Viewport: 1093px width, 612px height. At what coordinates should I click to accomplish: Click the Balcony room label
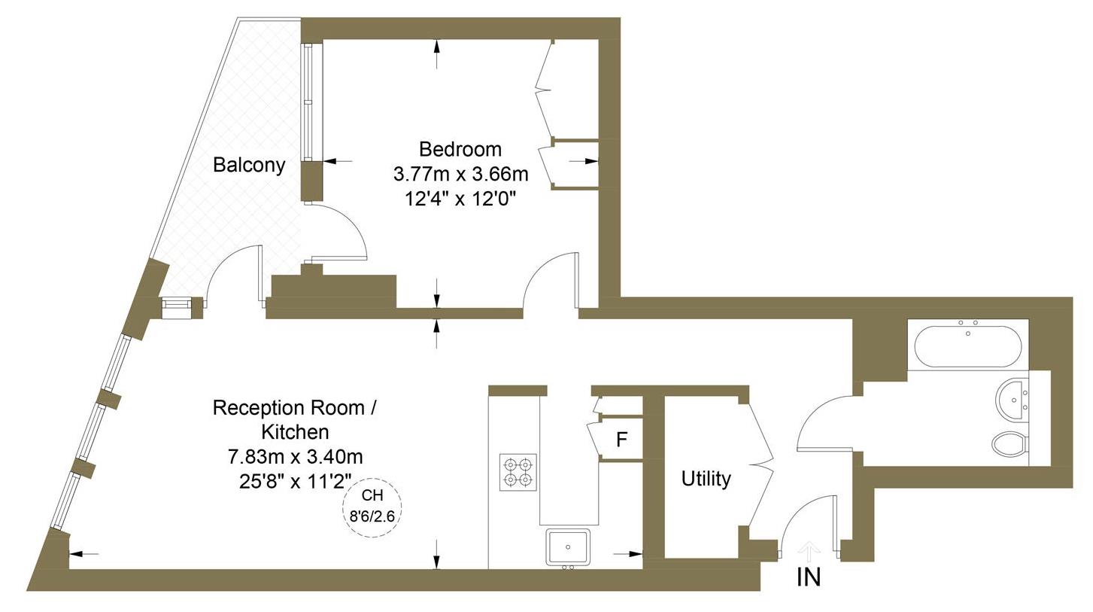point(249,165)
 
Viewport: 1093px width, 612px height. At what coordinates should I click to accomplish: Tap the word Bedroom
point(460,148)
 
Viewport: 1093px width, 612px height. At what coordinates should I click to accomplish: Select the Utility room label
point(706,479)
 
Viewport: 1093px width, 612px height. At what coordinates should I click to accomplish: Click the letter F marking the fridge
point(621,440)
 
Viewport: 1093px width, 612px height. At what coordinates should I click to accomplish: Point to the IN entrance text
point(808,577)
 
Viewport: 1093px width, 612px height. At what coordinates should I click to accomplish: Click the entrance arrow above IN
point(808,552)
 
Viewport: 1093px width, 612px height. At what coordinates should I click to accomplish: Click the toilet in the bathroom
point(1010,443)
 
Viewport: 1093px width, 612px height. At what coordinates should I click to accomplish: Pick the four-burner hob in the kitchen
point(518,472)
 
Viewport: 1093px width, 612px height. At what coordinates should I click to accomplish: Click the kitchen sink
point(568,547)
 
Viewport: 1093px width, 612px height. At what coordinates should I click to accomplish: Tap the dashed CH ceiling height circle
point(372,507)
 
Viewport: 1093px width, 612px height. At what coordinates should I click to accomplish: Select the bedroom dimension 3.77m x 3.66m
point(460,174)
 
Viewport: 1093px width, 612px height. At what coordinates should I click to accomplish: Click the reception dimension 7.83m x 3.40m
point(295,456)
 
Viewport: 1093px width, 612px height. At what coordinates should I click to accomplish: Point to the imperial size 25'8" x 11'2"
point(295,481)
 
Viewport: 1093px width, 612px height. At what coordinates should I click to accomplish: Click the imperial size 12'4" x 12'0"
point(460,199)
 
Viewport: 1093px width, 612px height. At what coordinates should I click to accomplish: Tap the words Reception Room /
point(295,408)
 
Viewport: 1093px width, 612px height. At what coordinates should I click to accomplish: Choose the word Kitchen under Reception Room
point(295,432)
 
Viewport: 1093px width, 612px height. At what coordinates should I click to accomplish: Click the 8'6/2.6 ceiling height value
point(372,516)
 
